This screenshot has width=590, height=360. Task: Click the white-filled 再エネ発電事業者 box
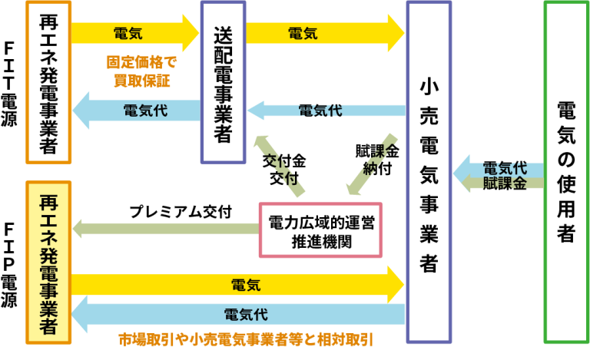coord(49,81)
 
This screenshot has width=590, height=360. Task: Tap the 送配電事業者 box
coord(223,81)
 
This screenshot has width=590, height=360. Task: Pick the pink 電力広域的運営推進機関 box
coord(321,230)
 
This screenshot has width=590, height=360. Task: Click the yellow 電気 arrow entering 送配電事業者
coord(135,33)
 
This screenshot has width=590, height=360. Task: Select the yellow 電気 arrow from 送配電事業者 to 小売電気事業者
coord(323,33)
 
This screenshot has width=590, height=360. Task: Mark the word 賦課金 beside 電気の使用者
coord(505,184)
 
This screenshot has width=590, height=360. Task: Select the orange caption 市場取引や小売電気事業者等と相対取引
coord(250,339)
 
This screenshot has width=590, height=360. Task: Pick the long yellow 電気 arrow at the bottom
coord(238,286)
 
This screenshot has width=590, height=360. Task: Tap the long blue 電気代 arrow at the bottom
coord(238,314)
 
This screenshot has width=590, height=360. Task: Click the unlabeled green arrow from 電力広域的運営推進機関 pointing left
coord(165,228)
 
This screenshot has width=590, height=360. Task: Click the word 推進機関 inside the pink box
coord(321,241)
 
